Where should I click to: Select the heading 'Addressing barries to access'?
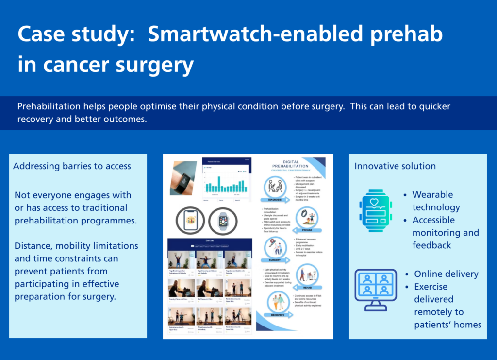point(72,166)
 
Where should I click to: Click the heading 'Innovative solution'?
point(395,166)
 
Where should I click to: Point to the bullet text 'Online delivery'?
point(446,274)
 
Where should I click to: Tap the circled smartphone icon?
point(190,222)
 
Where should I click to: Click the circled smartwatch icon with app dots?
point(223,222)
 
